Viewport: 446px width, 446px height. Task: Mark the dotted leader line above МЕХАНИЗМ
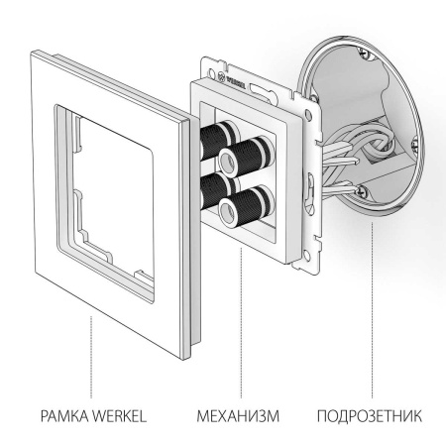[238, 337]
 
